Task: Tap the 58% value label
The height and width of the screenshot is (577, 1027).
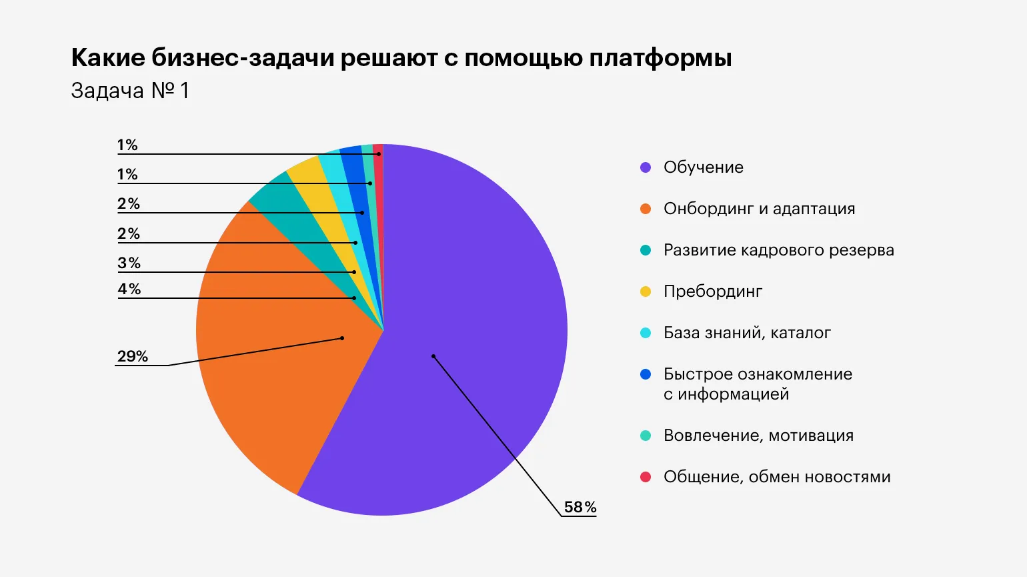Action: tap(580, 507)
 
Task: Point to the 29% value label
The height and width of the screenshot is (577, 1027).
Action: tap(132, 356)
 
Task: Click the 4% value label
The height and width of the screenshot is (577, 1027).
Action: tap(129, 289)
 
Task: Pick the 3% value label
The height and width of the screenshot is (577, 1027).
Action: tap(129, 263)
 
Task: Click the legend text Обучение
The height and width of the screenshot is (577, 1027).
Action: tap(703, 167)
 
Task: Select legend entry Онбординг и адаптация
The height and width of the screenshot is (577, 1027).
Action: tap(759, 209)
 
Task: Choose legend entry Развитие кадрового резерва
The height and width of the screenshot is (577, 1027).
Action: tap(778, 250)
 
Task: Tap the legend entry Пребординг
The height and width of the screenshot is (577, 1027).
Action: tap(712, 292)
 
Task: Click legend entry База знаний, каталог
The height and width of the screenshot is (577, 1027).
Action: tap(747, 333)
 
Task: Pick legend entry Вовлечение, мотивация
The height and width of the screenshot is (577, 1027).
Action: tap(758, 436)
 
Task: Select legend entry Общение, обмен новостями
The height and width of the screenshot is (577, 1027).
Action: tap(777, 477)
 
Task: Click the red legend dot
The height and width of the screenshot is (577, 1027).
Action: tap(646, 477)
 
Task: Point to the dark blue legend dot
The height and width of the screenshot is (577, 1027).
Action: tap(646, 374)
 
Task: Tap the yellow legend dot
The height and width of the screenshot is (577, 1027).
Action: tap(646, 292)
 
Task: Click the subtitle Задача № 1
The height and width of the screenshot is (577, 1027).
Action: tap(130, 91)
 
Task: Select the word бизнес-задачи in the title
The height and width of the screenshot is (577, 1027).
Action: tap(243, 59)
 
